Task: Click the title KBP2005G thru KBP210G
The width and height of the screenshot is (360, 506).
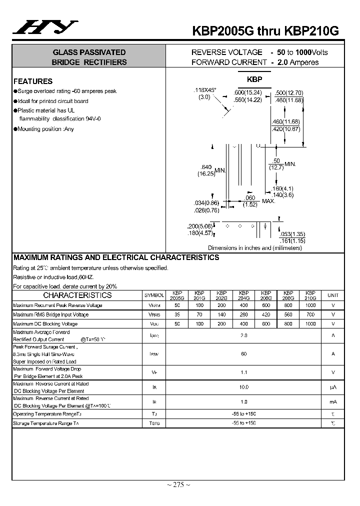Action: (265, 31)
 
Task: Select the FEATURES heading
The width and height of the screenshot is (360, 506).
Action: (33, 81)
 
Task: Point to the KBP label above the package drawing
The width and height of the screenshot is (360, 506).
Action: (254, 79)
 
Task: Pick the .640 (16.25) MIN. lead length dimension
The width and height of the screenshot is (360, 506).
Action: (212, 170)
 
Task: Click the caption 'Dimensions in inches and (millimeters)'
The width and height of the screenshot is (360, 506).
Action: (255, 247)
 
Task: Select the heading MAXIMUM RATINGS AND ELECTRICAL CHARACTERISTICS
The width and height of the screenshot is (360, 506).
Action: (116, 257)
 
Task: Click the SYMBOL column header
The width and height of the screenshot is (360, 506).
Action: (154, 295)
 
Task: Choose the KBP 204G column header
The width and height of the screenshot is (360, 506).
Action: (244, 295)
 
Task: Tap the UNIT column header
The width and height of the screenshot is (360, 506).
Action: (332, 295)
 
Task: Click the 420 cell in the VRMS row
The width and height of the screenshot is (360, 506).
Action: (266, 315)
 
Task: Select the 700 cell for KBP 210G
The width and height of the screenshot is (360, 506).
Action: (310, 315)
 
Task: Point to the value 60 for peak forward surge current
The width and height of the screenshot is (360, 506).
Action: (244, 354)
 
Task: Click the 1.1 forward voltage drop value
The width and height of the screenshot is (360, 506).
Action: (244, 372)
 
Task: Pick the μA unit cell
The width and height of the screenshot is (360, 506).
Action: (332, 387)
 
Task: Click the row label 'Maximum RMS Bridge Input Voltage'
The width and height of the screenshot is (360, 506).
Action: (51, 315)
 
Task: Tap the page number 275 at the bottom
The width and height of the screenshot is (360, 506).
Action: (178, 484)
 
